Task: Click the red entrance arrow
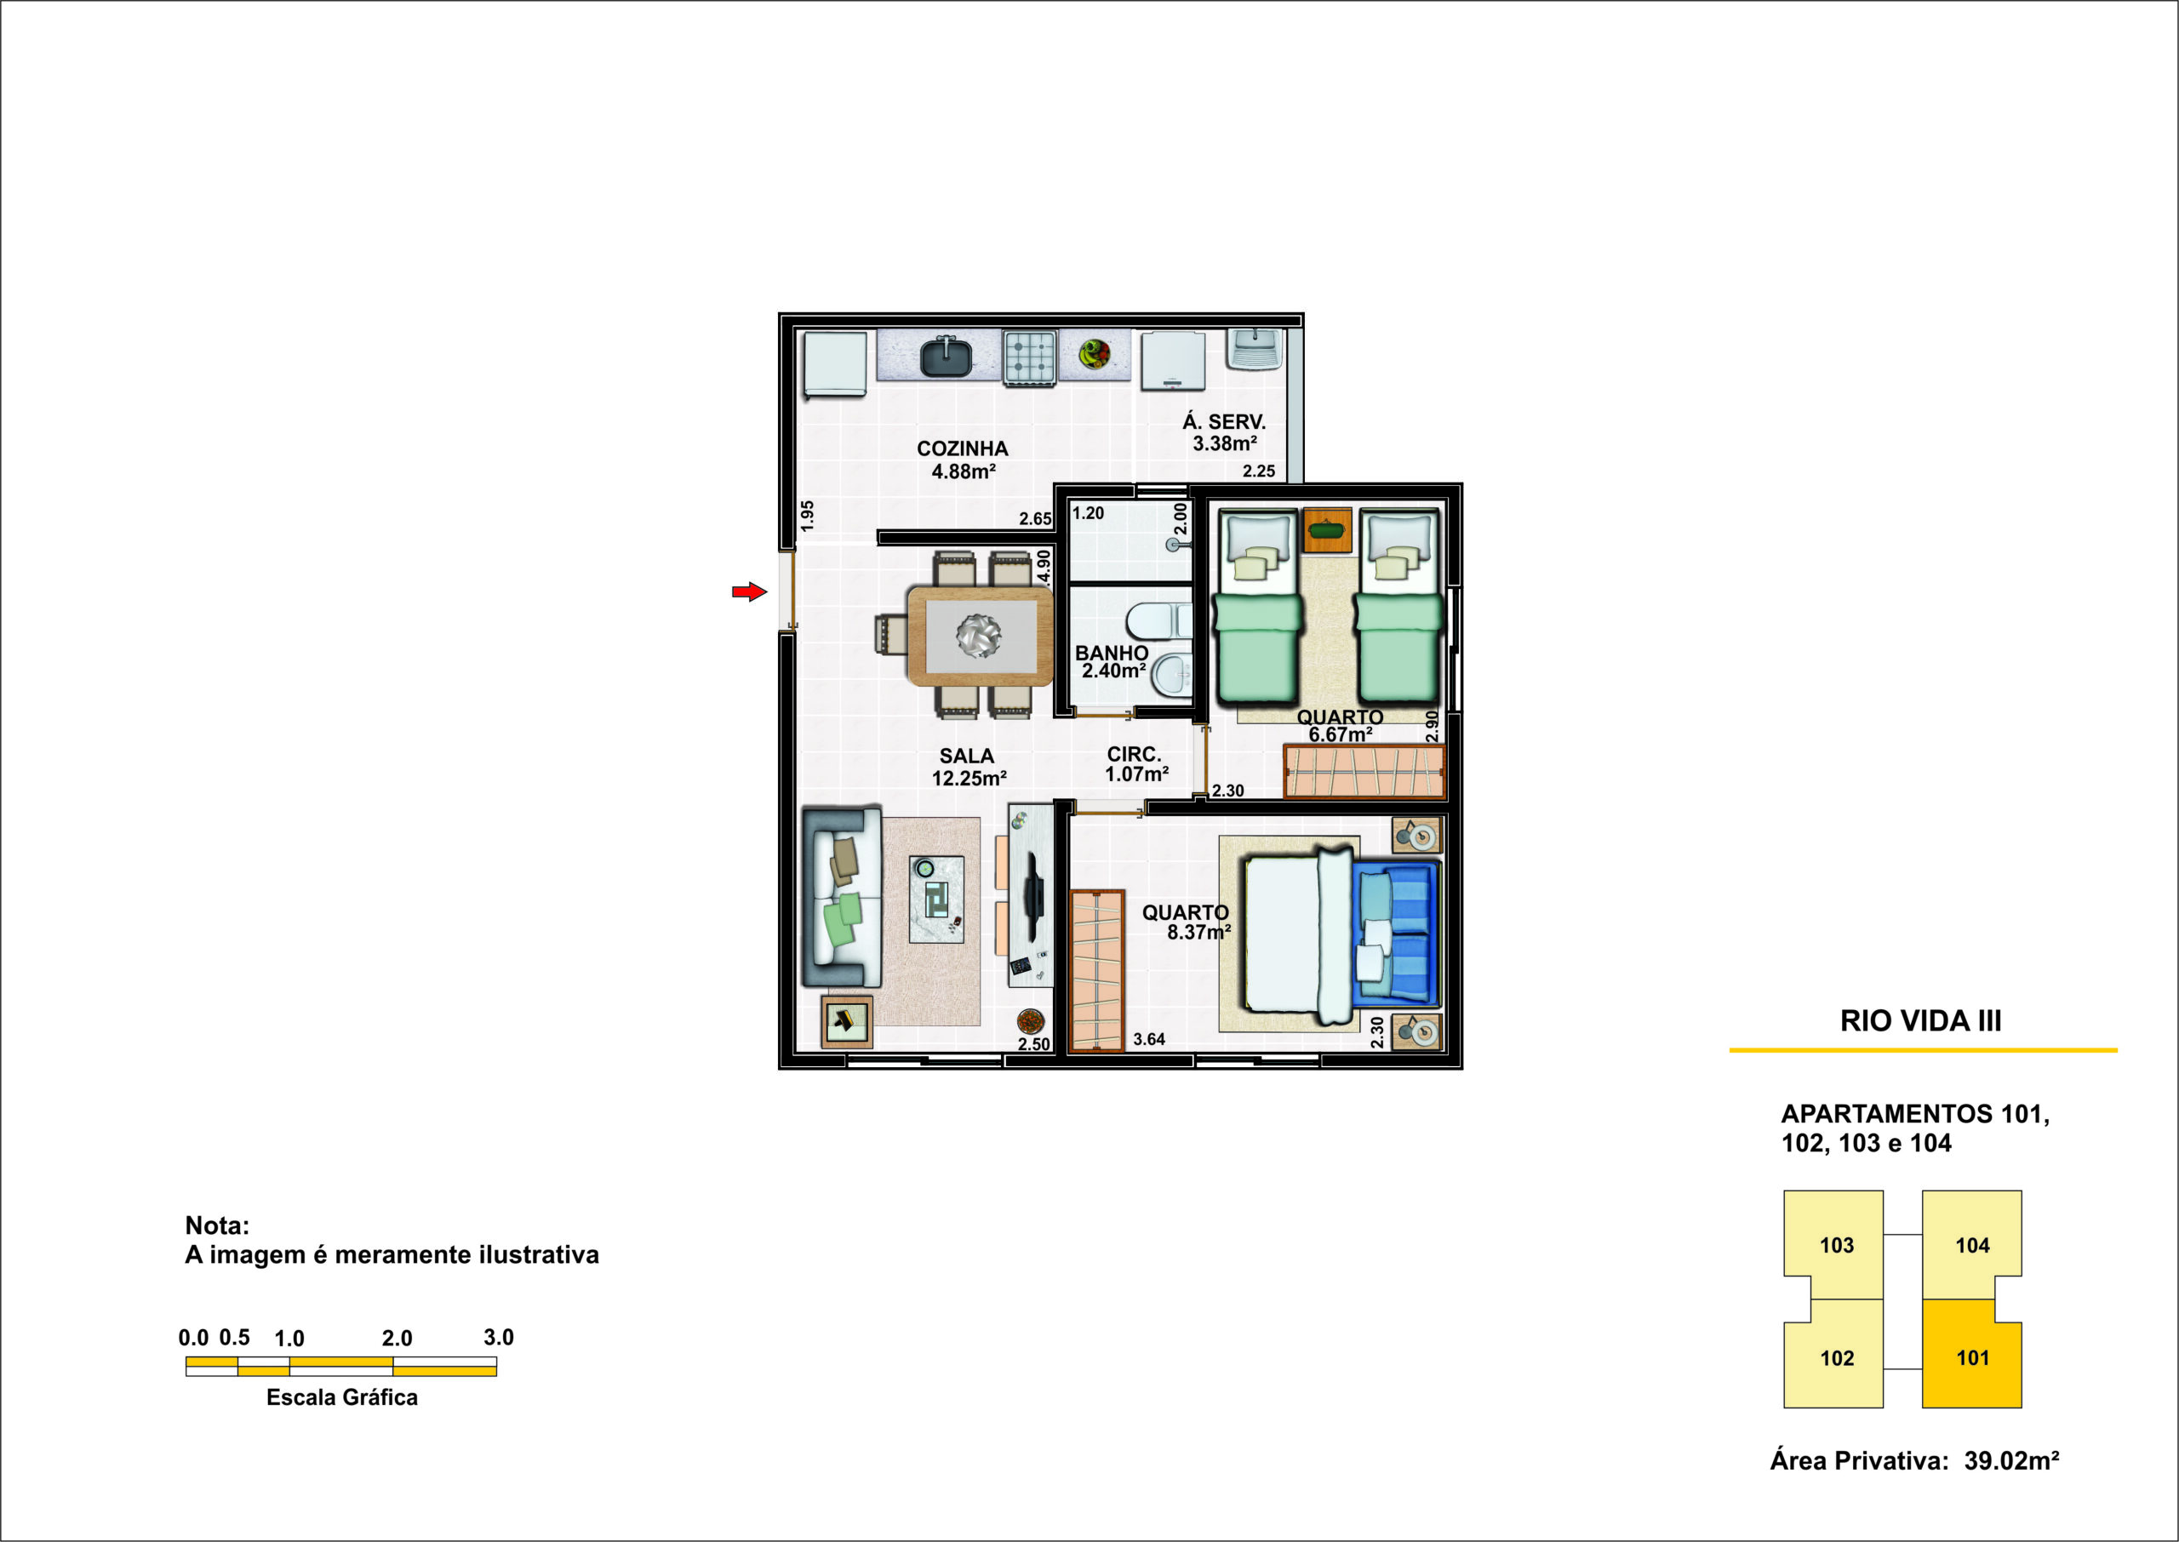pyautogui.click(x=749, y=591)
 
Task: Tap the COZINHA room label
pyautogui.click(x=962, y=448)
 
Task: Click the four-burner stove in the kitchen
pyautogui.click(x=1030, y=357)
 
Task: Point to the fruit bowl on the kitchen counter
pyautogui.click(x=1095, y=354)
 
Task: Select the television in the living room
pyautogui.click(x=1033, y=895)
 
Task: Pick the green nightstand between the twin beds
pyautogui.click(x=1326, y=530)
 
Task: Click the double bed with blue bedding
pyautogui.click(x=1341, y=935)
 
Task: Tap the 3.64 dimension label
pyautogui.click(x=1149, y=1039)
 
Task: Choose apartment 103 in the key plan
pyautogui.click(x=1836, y=1245)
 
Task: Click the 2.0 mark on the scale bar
pyautogui.click(x=397, y=1339)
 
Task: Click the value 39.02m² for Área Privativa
pyautogui.click(x=2012, y=1460)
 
